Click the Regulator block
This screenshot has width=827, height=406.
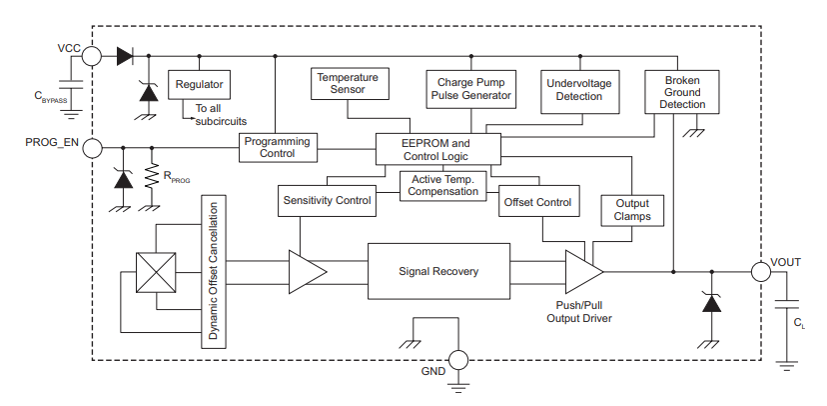[199, 84]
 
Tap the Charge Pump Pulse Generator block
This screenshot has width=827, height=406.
[470, 89]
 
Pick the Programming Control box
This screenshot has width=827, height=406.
[277, 148]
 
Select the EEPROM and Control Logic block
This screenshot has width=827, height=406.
[436, 149]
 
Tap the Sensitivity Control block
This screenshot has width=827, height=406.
[326, 201]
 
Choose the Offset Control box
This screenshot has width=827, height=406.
[538, 202]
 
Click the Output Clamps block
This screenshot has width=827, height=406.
[631, 210]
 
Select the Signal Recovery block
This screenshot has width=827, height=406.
[438, 271]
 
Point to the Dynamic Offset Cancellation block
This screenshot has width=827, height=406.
[214, 271]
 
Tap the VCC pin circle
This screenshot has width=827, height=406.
[91, 57]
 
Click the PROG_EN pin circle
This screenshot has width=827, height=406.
[91, 148]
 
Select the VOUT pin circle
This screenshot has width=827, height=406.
[760, 270]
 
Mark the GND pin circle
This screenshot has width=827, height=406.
[457, 361]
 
